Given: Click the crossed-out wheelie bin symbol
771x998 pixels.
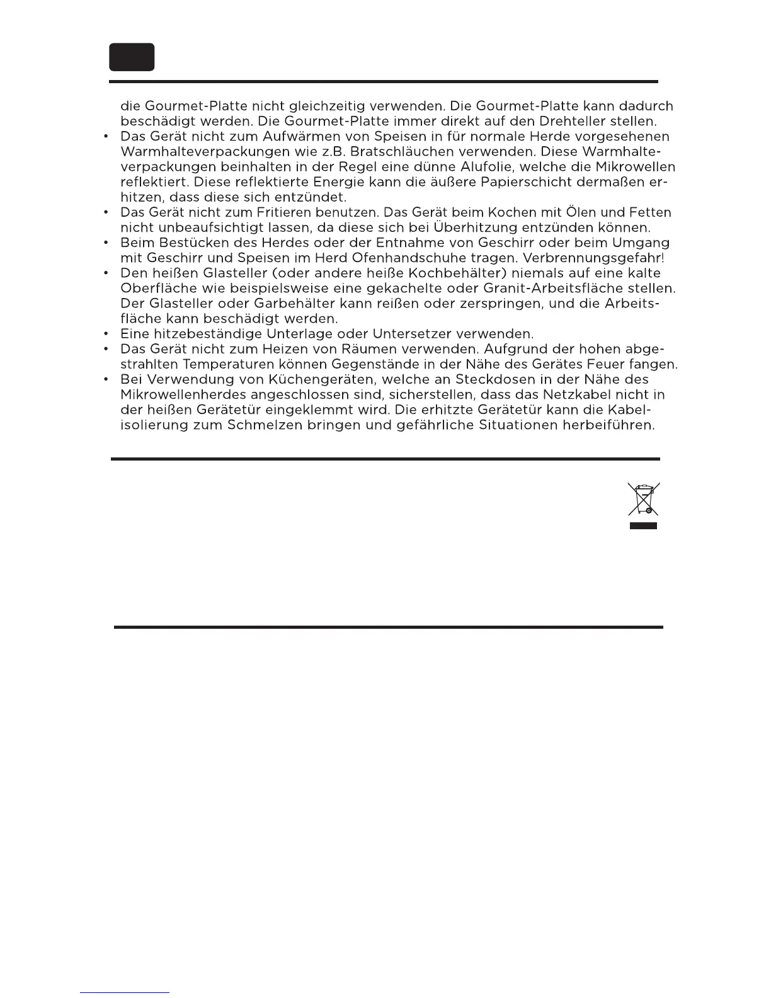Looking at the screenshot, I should [x=643, y=499].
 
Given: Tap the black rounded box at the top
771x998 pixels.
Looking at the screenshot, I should [x=132, y=57].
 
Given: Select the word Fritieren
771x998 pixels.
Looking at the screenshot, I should [x=251, y=212].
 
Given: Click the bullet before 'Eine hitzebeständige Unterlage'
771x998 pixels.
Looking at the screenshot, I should [x=108, y=334].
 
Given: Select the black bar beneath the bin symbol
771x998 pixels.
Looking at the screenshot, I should [x=643, y=525].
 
